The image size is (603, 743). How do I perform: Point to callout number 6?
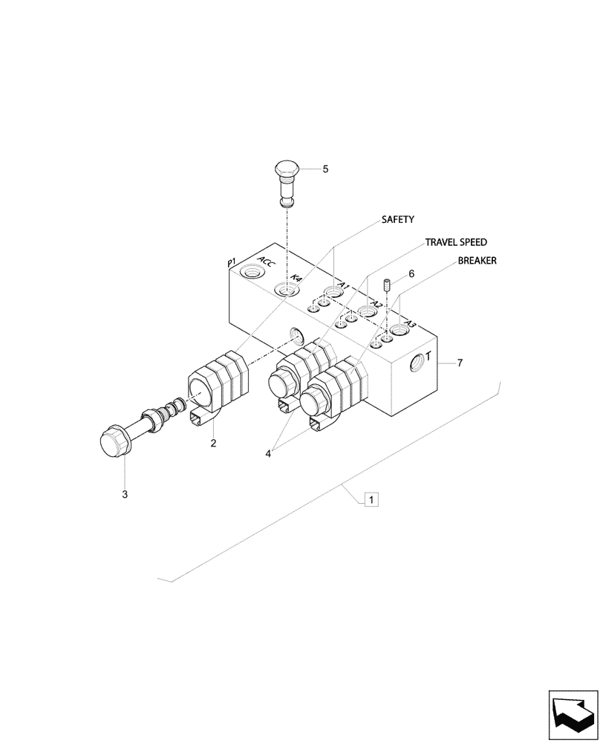[x=411, y=274]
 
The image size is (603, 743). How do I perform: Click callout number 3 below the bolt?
[x=125, y=494]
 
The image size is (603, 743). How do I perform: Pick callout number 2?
[x=213, y=444]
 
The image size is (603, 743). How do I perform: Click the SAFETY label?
[x=397, y=220]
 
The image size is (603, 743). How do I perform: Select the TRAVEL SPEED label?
[x=456, y=242]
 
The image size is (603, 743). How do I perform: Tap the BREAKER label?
[x=477, y=261]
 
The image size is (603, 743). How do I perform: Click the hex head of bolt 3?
[x=117, y=443]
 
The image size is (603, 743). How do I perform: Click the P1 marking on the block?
[x=231, y=262]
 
